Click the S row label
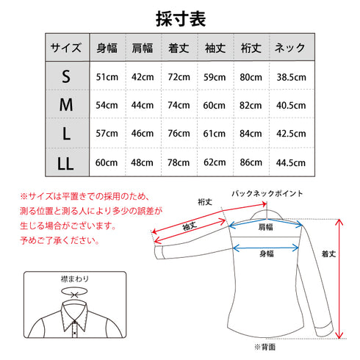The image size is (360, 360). [x=66, y=76]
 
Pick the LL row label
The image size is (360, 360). [x=66, y=162]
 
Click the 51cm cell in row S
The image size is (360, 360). [x=107, y=76]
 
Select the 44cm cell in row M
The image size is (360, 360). [x=143, y=105]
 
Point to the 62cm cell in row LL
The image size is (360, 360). [x=214, y=162]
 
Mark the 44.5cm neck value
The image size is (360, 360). [x=290, y=162]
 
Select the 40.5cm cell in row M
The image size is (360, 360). [x=290, y=105]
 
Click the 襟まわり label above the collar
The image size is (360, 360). [x=74, y=280]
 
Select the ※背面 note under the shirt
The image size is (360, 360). [x=264, y=345]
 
